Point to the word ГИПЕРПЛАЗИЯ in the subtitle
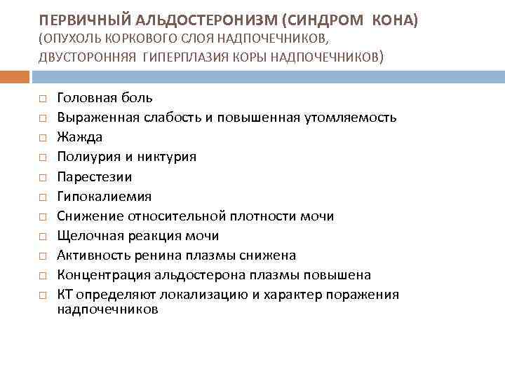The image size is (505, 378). (185, 56)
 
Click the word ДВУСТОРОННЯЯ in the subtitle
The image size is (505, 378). (87, 56)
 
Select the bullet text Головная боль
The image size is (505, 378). (105, 98)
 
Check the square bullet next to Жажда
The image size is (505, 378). (43, 138)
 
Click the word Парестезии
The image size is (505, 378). (94, 177)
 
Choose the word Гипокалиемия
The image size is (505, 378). (104, 197)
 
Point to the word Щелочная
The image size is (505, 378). (86, 236)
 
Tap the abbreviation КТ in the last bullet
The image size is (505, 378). (65, 295)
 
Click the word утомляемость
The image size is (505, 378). (356, 118)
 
